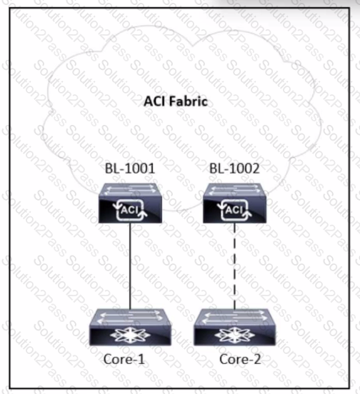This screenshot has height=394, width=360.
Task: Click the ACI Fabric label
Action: tap(176, 101)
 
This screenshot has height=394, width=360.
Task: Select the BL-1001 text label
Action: tap(130, 168)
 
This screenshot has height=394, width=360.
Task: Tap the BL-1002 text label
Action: tap(234, 168)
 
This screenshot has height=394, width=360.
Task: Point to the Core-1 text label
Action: tap(124, 359)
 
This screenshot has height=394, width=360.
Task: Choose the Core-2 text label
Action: tap(240, 359)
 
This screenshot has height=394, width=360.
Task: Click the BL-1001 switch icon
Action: tap(130, 203)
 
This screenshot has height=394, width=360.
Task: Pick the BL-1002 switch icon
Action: tap(234, 203)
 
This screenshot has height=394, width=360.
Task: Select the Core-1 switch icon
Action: tap(130, 327)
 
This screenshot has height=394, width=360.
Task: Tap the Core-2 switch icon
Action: tap(235, 327)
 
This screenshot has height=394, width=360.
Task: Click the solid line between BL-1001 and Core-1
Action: tap(130, 266)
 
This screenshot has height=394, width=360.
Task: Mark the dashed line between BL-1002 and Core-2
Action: tap(234, 266)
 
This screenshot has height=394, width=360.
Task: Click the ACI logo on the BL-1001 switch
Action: tap(130, 210)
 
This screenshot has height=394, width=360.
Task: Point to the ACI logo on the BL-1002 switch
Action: tap(234, 210)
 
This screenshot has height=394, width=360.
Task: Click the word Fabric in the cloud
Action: tap(189, 101)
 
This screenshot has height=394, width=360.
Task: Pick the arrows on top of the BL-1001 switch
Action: tap(130, 190)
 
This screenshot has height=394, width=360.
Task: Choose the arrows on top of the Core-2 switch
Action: tap(234, 317)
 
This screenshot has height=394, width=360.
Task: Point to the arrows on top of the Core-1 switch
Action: tap(130, 317)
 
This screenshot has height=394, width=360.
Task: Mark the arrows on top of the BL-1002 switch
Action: tap(234, 190)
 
